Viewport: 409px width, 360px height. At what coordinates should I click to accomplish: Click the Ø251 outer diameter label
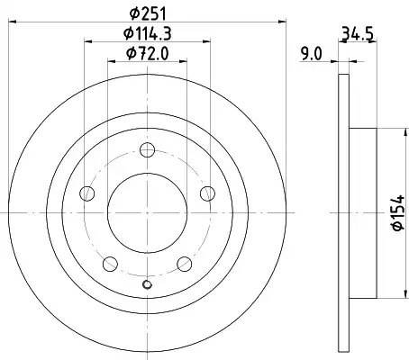point(148,13)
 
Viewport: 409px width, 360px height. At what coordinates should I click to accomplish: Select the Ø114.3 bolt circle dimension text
point(148,33)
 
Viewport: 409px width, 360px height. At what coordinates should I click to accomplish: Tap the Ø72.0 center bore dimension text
point(148,54)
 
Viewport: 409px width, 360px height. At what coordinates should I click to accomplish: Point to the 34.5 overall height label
point(358,34)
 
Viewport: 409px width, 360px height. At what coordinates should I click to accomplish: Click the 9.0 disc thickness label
point(312,55)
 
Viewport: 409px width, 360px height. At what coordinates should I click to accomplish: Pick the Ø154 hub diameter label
point(398,213)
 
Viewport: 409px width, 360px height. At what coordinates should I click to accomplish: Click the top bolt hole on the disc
point(148,149)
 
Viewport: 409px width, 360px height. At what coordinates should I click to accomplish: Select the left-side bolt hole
point(87,193)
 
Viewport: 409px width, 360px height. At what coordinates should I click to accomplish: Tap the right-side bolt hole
point(207,193)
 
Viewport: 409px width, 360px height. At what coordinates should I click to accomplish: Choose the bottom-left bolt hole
point(110,264)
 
